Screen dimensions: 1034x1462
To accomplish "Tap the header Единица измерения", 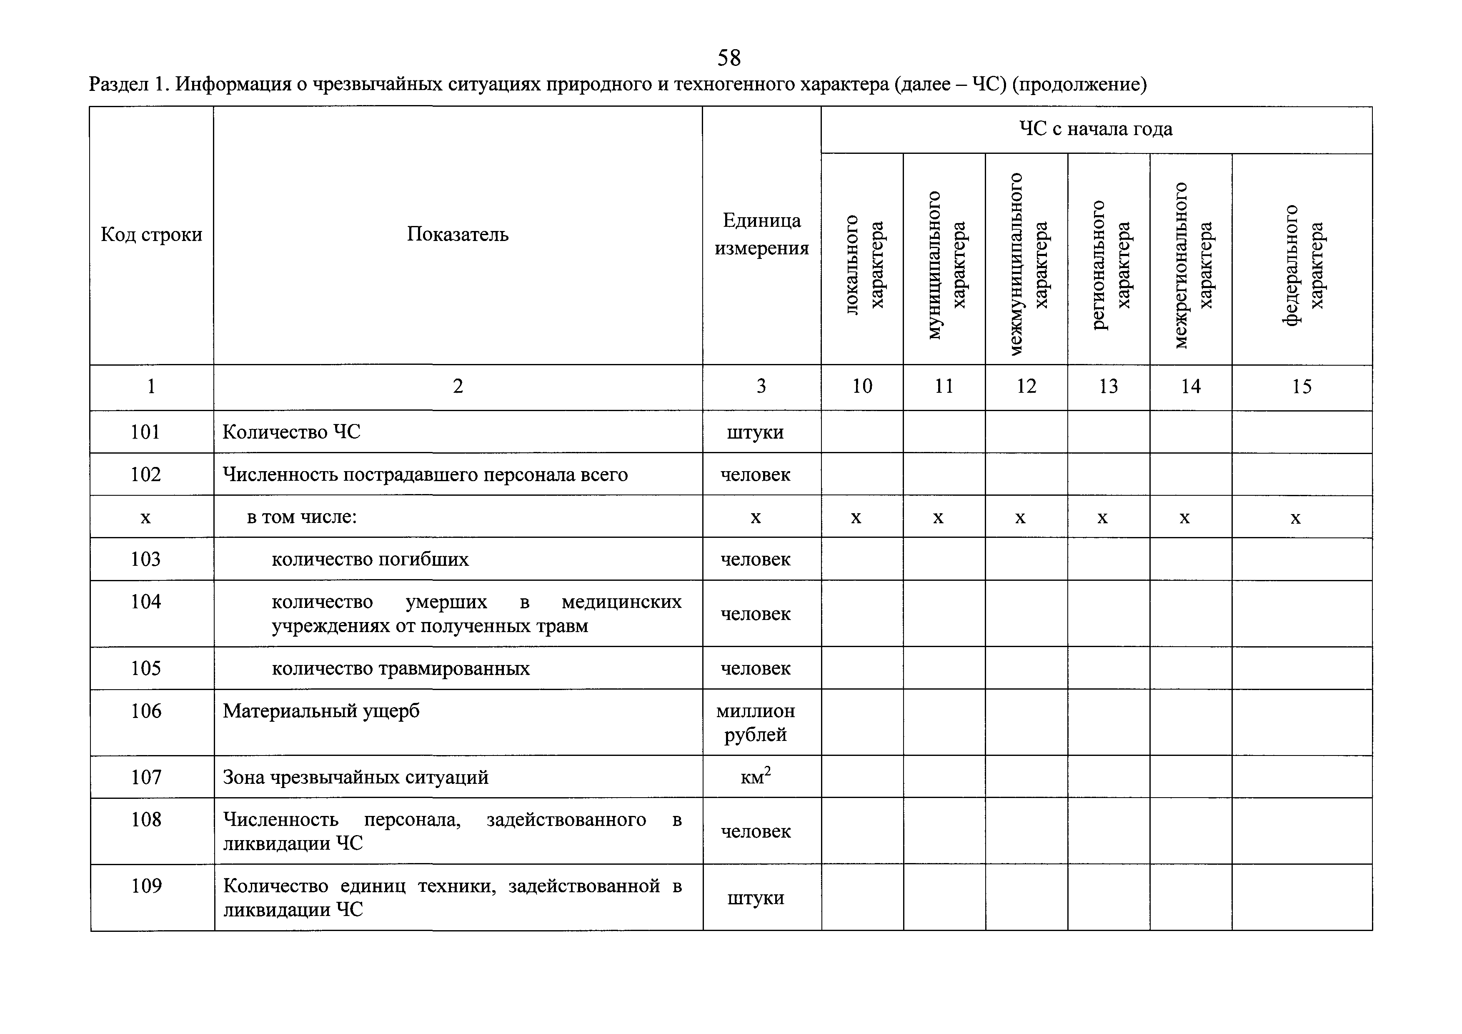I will (761, 234).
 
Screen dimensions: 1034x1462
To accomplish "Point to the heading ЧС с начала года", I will (1095, 129).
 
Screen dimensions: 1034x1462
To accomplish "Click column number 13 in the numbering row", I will (1108, 386).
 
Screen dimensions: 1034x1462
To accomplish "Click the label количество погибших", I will (370, 560).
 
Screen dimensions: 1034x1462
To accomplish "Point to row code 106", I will (146, 711).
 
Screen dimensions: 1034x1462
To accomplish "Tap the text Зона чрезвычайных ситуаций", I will (355, 777).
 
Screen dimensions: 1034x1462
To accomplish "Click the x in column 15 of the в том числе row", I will (1295, 517).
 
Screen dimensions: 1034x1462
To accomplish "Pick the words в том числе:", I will (302, 517).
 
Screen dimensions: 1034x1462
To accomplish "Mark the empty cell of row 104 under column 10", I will (862, 613).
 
